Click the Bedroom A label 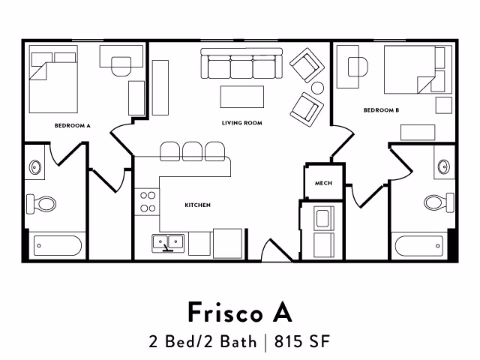point(73,126)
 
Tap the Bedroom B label point(381,110)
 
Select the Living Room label point(241,122)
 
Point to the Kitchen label point(197,205)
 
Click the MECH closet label point(323,183)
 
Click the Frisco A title point(240,310)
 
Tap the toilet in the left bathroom point(42,202)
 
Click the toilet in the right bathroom point(437,201)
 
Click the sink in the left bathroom point(35,166)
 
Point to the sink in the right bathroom point(442,165)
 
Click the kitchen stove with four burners point(148,202)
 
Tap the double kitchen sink point(169,241)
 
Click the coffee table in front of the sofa point(241,96)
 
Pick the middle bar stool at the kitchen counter point(193,150)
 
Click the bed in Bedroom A point(52,81)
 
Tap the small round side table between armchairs point(317,88)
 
